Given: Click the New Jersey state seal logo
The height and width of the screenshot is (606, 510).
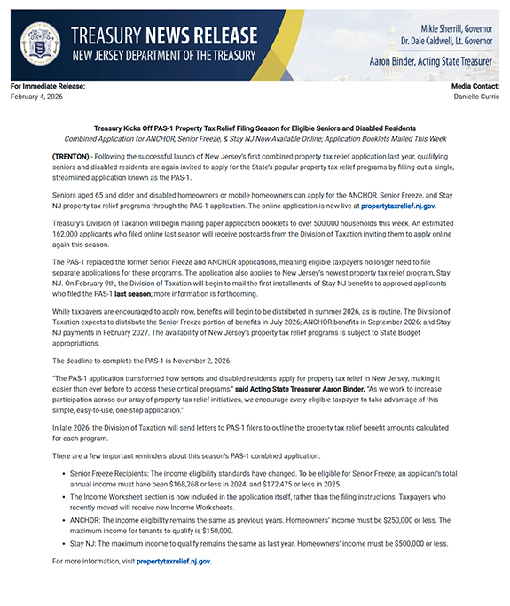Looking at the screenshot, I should coord(40,43).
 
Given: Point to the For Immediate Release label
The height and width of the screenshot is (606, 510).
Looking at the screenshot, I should coord(48,86).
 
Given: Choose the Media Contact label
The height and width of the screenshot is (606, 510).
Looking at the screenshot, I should coord(475,86).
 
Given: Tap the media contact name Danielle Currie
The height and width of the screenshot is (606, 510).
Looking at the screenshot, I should coord(476,96).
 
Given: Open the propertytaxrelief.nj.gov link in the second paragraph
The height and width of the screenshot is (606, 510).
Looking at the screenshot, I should coord(398,205).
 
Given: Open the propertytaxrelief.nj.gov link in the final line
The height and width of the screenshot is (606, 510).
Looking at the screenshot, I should coord(174,561).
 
